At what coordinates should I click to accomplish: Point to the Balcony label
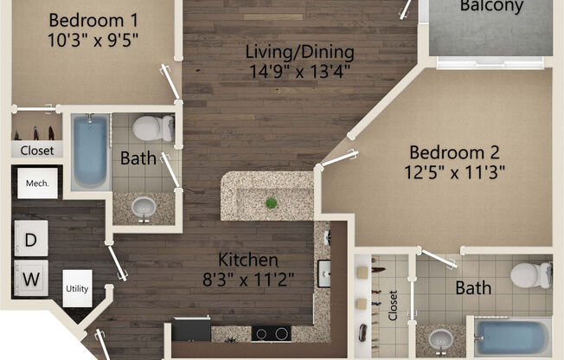coord(491,7)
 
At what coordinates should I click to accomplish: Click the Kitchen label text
coord(247,260)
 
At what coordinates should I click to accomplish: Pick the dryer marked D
coord(29,239)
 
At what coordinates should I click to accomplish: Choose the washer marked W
coord(29,279)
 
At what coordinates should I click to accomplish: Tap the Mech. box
coord(36,183)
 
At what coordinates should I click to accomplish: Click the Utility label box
coord(77,288)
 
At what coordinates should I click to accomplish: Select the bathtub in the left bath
coord(89,151)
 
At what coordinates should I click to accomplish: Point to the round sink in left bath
coord(144,207)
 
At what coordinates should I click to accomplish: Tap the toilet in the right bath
coord(529,274)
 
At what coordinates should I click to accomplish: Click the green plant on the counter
coord(271,202)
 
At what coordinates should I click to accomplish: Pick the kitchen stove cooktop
coord(275,332)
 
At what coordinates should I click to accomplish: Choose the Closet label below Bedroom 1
coord(36,151)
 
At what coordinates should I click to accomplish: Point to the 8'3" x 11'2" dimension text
coord(247,279)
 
